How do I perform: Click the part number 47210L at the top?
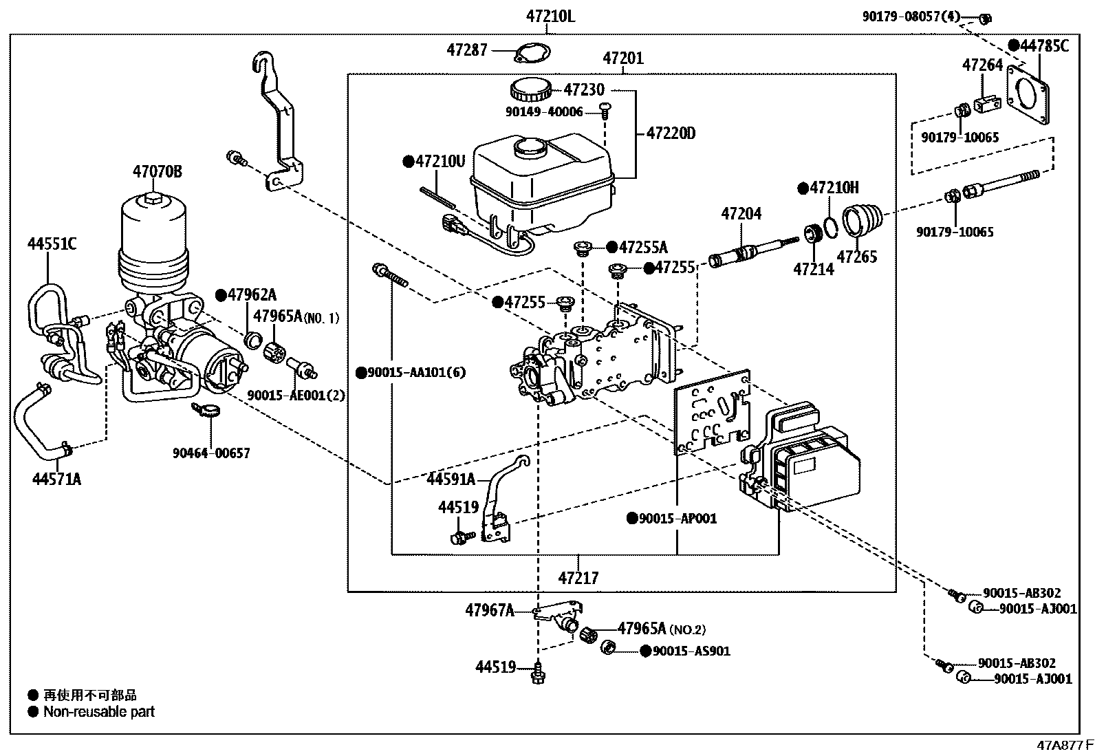(550, 17)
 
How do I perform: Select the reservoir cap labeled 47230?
(531, 90)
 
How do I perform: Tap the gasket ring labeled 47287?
(532, 53)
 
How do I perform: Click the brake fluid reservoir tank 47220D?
(542, 185)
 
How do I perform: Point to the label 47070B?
(158, 172)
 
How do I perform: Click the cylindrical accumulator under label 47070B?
(153, 244)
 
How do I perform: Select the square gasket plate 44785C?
(1028, 94)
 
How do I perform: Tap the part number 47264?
(983, 65)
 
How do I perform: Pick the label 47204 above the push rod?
(741, 214)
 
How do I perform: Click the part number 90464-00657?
(211, 453)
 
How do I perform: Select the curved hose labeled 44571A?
(43, 422)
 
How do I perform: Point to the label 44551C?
(52, 244)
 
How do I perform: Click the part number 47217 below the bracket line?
(578, 579)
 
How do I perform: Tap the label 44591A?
(451, 479)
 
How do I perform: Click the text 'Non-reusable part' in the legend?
(99, 711)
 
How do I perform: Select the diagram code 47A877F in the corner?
(1065, 745)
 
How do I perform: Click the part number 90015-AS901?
(691, 651)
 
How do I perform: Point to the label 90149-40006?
(544, 112)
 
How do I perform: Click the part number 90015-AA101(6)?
(417, 373)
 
